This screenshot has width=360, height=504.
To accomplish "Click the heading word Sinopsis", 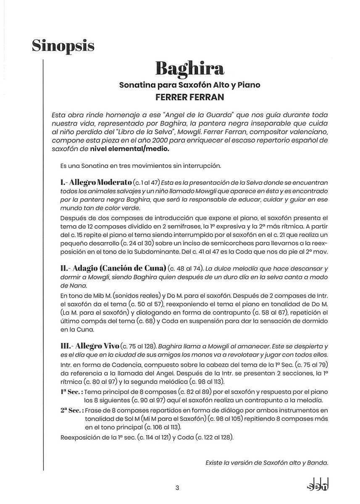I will [63, 45].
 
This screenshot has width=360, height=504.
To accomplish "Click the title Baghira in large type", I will [189, 68].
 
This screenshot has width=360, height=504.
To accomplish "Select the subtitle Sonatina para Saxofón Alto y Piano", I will [189, 85].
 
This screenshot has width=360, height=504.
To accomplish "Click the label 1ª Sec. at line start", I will [71, 391].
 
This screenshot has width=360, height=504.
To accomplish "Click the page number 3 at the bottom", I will [178, 488].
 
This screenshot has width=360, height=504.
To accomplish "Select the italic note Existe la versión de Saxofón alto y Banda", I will [266, 463].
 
